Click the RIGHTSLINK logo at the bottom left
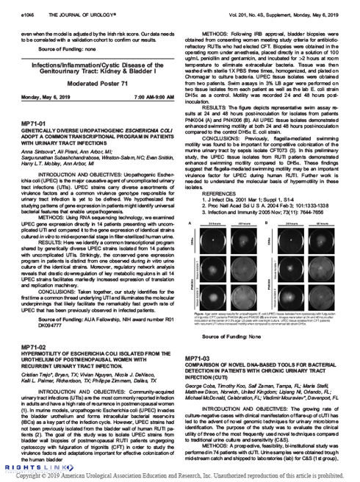click(25, 467)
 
